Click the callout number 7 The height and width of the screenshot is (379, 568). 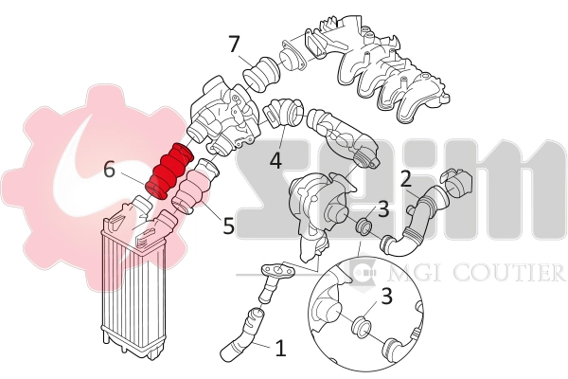click(235, 44)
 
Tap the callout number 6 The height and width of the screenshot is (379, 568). click(109, 171)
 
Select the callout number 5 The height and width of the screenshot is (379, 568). click(228, 226)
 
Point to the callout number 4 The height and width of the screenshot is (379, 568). click(275, 161)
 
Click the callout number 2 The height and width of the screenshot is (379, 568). click(405, 178)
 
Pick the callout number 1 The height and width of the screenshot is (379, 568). click(280, 348)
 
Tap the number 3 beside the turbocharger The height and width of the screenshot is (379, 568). click(383, 209)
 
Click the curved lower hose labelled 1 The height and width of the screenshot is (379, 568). click(240, 335)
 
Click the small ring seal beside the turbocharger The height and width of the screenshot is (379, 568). click(361, 227)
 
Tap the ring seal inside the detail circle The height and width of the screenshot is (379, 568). click(361, 328)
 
